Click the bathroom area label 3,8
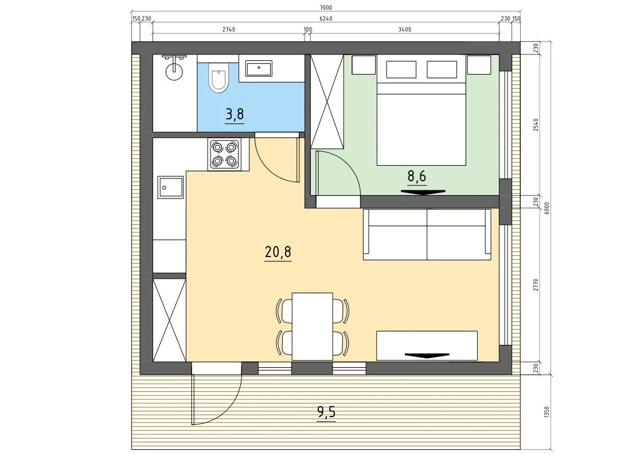pos(235,114)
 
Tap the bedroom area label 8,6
pos(416,176)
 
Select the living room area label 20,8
pos(278,251)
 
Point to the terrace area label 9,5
pos(326,411)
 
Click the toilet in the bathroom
pos(218,77)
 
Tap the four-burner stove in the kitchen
pos(224,154)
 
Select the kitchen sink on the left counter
pos(170,188)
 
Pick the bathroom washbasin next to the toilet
pos(258,68)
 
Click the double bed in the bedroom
pos(421,124)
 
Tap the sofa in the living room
pos(427,235)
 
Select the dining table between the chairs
pos(312,326)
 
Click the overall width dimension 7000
pos(325,7)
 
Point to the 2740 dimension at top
pos(229,29)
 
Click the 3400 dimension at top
pos(404,29)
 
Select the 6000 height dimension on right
pos(547,208)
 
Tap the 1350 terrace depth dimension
pos(547,412)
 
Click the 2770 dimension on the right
pos(536,285)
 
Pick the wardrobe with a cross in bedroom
pos(327,102)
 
